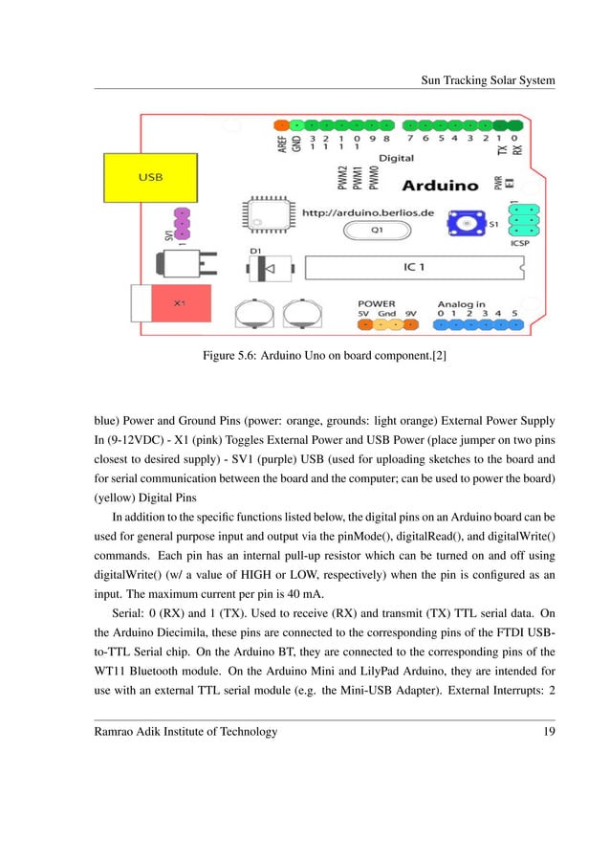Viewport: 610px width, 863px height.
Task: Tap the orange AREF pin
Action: click(x=281, y=125)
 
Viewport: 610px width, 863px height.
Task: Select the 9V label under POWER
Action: click(x=411, y=312)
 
